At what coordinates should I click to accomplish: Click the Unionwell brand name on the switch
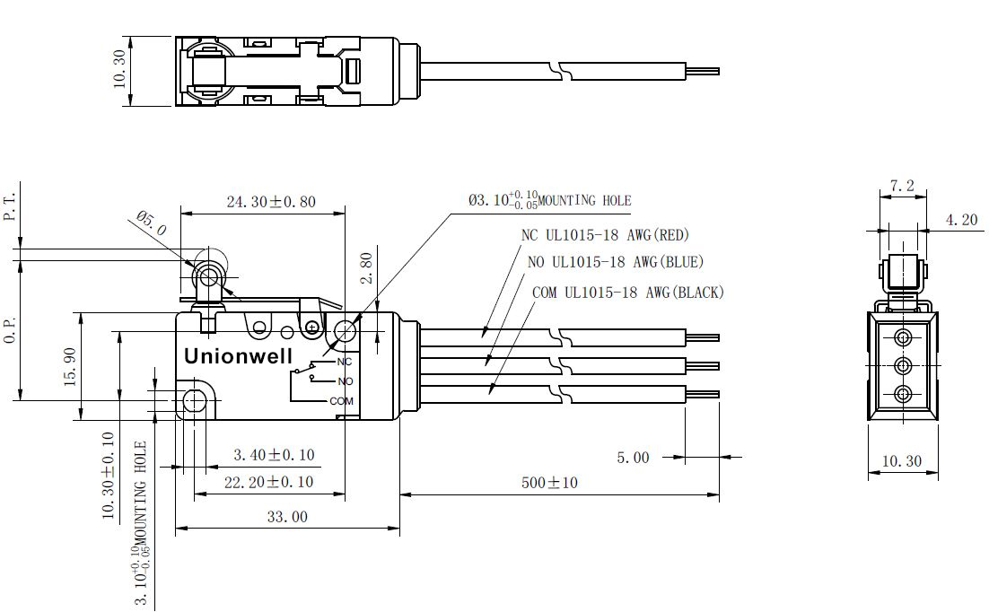tap(239, 356)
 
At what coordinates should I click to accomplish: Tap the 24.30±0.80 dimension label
tap(271, 202)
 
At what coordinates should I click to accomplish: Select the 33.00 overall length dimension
tap(287, 518)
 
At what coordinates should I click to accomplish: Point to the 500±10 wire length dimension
tap(549, 483)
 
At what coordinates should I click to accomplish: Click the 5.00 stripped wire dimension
tap(633, 458)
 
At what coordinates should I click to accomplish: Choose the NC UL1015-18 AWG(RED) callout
tap(606, 235)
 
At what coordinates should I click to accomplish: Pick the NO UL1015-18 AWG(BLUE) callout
tap(616, 261)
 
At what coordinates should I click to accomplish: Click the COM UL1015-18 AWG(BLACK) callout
tap(628, 293)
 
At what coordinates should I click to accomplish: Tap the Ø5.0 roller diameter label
tap(152, 224)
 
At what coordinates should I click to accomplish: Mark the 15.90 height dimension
tap(70, 366)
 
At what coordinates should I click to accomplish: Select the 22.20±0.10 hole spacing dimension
tap(268, 482)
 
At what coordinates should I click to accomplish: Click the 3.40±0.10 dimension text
tap(274, 454)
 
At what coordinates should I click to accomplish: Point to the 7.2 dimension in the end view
tap(902, 186)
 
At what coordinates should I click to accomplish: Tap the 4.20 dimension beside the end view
tap(961, 220)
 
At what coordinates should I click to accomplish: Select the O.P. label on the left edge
tap(10, 330)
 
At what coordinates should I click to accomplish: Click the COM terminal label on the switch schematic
tap(342, 401)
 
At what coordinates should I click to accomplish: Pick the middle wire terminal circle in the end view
tap(903, 365)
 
